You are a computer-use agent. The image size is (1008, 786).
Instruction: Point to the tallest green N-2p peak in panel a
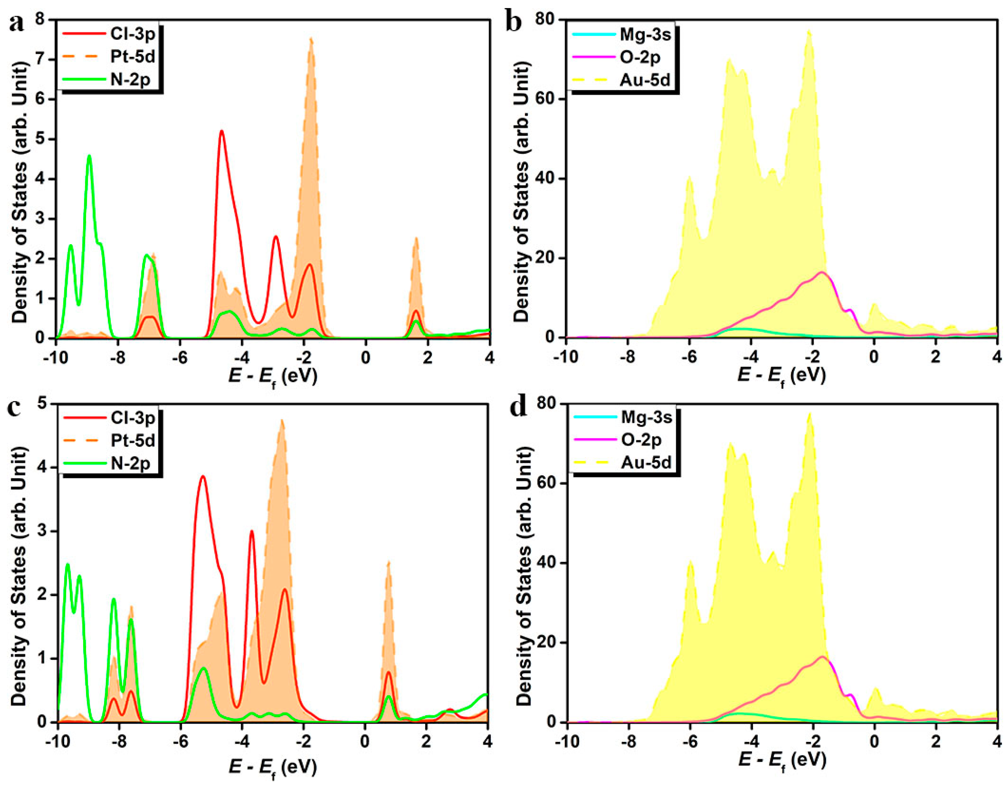[89, 156]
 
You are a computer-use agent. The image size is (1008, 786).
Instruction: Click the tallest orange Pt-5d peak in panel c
[282, 420]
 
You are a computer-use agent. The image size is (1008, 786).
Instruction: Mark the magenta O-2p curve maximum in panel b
[822, 272]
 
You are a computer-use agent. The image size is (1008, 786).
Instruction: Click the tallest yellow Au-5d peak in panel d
[810, 414]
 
